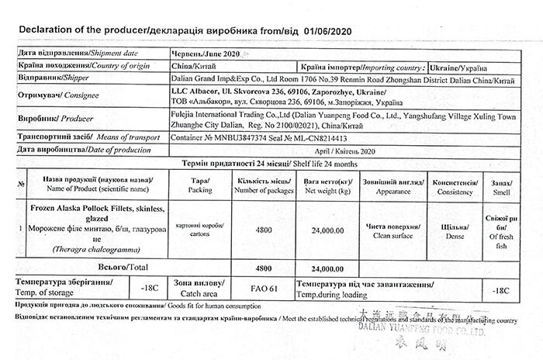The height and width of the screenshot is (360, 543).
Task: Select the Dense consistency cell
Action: point(454,230)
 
